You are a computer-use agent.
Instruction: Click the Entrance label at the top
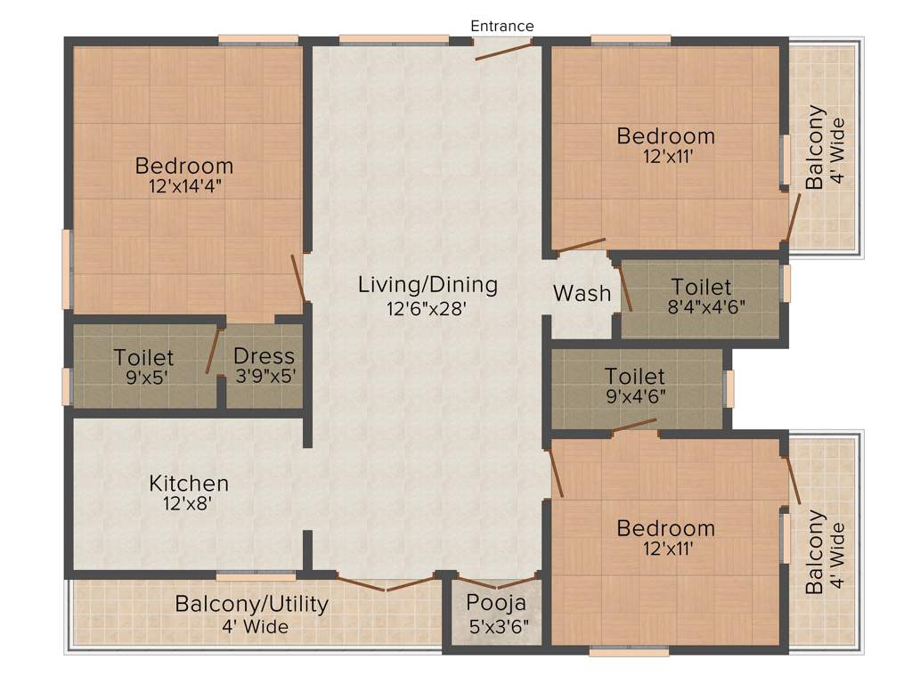click(x=502, y=26)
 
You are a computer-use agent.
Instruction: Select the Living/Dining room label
click(x=427, y=285)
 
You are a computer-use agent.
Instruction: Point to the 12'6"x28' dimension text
click(x=427, y=309)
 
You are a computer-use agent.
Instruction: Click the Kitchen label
click(x=189, y=484)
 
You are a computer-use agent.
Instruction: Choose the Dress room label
click(x=264, y=356)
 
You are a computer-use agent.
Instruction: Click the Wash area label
click(x=582, y=293)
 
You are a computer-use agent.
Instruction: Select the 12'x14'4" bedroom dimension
click(x=184, y=188)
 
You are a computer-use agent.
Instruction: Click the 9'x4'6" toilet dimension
click(x=635, y=396)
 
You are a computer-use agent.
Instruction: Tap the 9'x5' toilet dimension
click(x=143, y=377)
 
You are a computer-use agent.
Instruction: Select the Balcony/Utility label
click(x=252, y=604)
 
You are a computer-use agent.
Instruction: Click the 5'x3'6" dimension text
click(x=498, y=626)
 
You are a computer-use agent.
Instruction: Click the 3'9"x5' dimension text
click(x=264, y=377)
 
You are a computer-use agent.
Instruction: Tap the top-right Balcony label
click(x=815, y=147)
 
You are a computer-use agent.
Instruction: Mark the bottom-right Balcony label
click(x=815, y=552)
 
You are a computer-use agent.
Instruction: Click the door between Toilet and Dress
click(x=213, y=351)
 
